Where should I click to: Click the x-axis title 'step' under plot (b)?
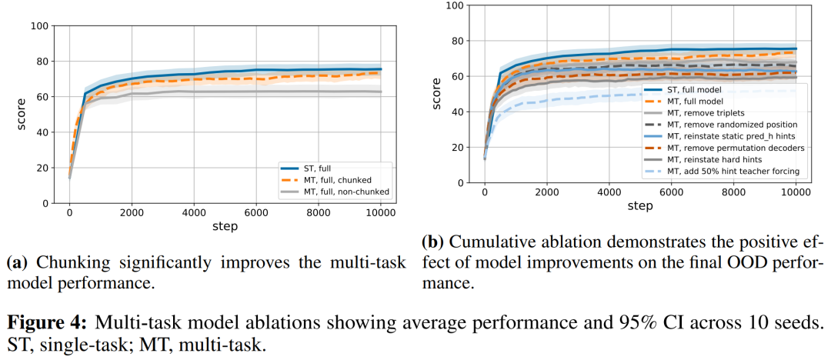(x=639, y=205)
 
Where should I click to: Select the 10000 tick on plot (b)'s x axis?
(x=794, y=192)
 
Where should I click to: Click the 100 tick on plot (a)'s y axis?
(x=38, y=26)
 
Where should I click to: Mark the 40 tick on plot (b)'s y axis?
(x=459, y=112)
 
